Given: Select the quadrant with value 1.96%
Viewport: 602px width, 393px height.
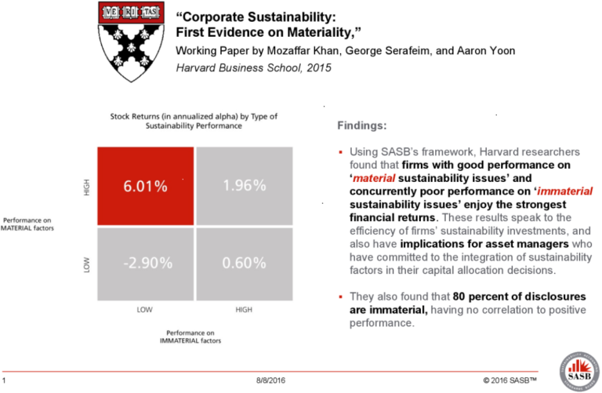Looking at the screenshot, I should pyautogui.click(x=244, y=186).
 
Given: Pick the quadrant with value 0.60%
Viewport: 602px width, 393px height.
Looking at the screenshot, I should pyautogui.click(x=244, y=263).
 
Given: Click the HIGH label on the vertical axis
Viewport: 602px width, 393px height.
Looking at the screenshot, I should pyautogui.click(x=87, y=187).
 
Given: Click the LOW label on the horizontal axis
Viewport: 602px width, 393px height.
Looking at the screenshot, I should pyautogui.click(x=144, y=310).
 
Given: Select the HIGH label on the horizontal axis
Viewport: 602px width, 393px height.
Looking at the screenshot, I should pyautogui.click(x=244, y=310).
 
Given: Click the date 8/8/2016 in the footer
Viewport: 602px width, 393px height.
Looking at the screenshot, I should pyautogui.click(x=270, y=380).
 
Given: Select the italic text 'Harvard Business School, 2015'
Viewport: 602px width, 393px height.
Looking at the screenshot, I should pyautogui.click(x=253, y=67).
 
